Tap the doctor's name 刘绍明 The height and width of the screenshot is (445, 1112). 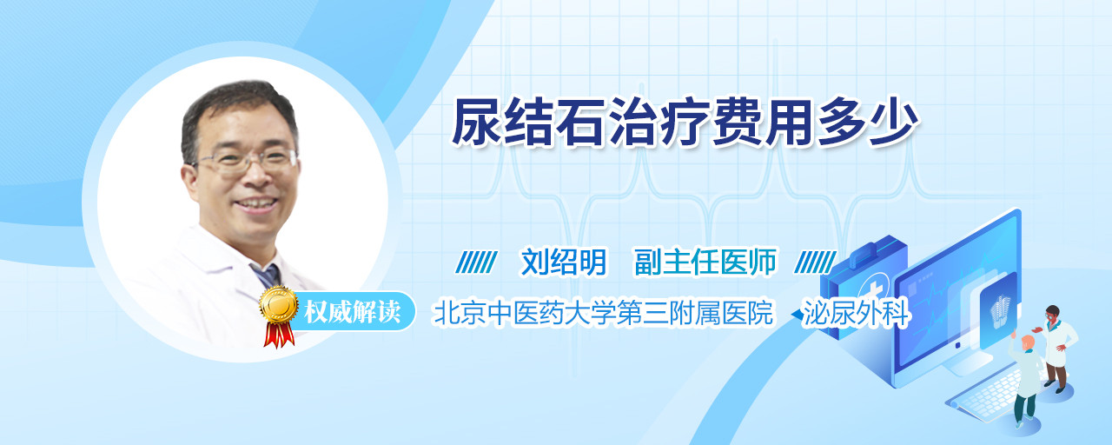click(564, 262)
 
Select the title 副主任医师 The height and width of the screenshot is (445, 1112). click(705, 262)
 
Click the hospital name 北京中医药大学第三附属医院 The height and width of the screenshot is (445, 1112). click(603, 313)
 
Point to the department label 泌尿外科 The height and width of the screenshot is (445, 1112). click(857, 313)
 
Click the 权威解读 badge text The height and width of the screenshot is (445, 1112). click(352, 312)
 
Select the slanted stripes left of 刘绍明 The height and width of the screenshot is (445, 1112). click(477, 262)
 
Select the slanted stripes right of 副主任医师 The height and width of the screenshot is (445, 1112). click(815, 262)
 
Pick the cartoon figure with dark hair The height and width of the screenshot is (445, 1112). click(1056, 348)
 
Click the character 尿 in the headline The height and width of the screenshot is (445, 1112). click(477, 123)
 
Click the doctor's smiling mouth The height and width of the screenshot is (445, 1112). click(256, 203)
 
